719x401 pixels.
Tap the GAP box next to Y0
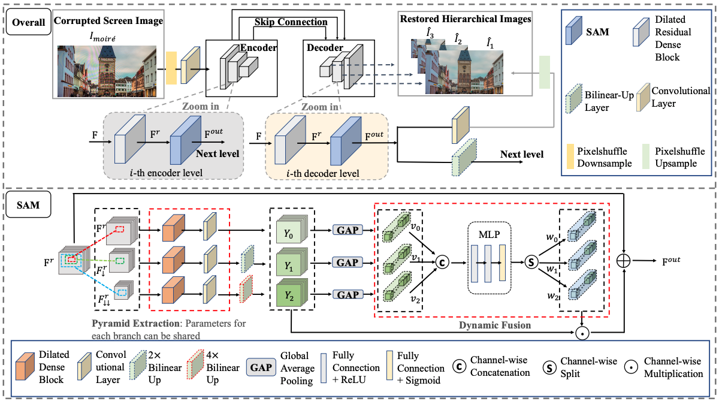click(348, 231)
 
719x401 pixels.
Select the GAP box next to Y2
click(348, 294)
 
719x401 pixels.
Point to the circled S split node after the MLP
click(530, 262)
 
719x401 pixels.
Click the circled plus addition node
click(625, 261)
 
